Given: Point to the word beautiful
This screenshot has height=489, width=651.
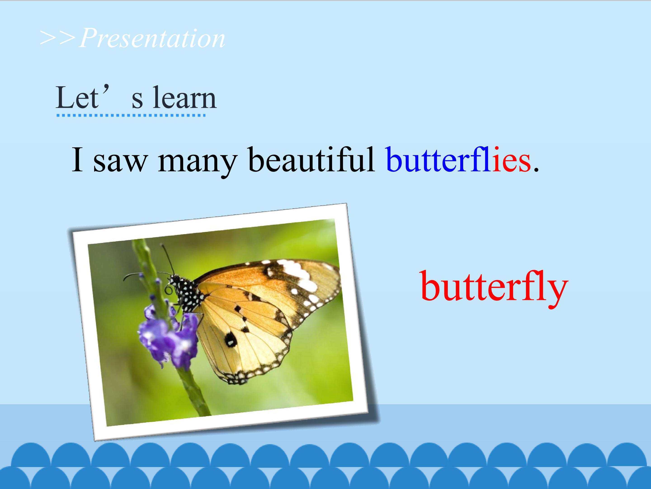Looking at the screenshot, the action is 312,159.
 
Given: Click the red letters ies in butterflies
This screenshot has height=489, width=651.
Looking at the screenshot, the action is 512,159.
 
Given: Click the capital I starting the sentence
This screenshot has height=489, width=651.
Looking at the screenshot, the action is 77,159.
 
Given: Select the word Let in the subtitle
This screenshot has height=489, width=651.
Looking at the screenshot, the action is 77,98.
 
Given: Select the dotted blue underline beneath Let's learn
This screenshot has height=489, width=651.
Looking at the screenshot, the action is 131,115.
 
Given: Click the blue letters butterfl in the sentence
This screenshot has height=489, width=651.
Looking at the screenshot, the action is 439,159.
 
